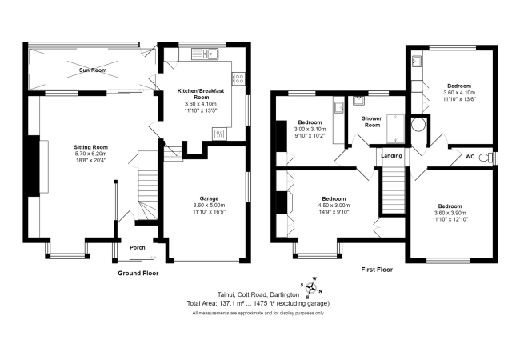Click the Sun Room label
pyautogui.click(x=92, y=70)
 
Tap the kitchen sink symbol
pyautogui.click(x=210, y=54)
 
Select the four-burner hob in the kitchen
pyautogui.click(x=238, y=78)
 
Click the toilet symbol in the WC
pyautogui.click(x=484, y=158)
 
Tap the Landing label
pyautogui.click(x=392, y=155)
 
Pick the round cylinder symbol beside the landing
pyautogui.click(x=417, y=125)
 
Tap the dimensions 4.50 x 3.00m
pyautogui.click(x=334, y=206)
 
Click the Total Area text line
pyautogui.click(x=258, y=303)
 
